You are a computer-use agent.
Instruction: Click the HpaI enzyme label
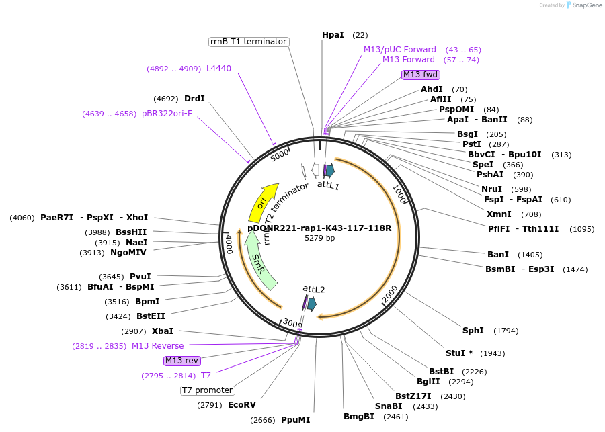click(x=333, y=35)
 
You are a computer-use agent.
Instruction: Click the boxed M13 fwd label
click(x=421, y=75)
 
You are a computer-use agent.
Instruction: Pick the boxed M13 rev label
click(x=182, y=361)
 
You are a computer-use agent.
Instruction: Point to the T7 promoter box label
click(x=208, y=390)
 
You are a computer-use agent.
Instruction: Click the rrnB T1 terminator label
click(x=249, y=42)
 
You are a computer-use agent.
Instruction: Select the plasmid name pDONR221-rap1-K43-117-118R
click(x=319, y=228)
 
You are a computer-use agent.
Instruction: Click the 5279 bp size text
click(x=319, y=238)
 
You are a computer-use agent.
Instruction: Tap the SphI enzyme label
click(x=473, y=331)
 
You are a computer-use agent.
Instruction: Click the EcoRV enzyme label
click(x=241, y=405)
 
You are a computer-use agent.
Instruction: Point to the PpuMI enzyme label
click(x=296, y=420)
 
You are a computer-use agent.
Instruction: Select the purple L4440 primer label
click(x=218, y=69)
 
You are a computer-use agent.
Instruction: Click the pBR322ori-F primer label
click(x=167, y=114)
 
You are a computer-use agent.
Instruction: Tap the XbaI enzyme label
click(x=163, y=331)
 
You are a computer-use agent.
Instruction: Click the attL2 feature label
click(x=314, y=289)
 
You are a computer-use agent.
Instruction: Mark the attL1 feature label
click(x=329, y=185)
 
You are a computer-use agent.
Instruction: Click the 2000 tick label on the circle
click(x=390, y=294)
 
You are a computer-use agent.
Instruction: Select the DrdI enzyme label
click(x=194, y=99)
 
